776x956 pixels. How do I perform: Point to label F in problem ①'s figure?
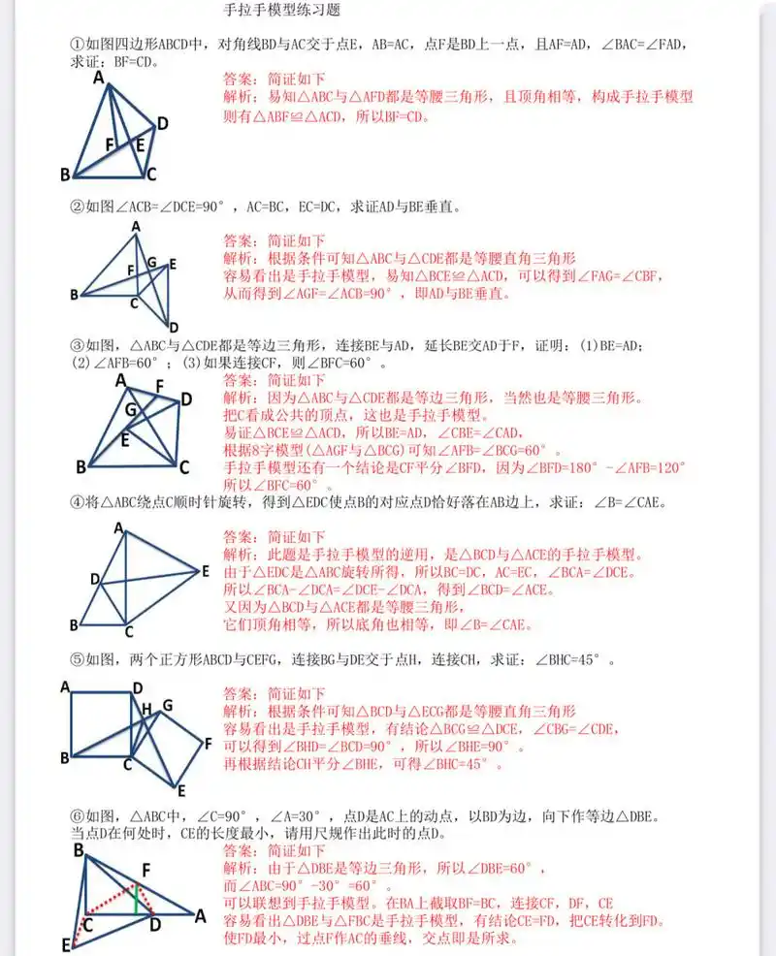click(x=110, y=146)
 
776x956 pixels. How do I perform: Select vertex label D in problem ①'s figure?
click(x=162, y=123)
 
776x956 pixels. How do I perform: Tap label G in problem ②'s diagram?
click(x=150, y=262)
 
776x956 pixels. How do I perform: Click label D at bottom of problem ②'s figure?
click(x=173, y=326)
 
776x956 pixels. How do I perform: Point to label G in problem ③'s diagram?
click(x=129, y=410)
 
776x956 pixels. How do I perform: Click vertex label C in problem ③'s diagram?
click(x=183, y=467)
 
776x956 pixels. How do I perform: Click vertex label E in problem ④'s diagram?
click(x=205, y=571)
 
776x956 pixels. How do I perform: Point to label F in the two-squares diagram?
click(x=207, y=743)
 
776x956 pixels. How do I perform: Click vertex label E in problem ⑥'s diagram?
click(x=64, y=943)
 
